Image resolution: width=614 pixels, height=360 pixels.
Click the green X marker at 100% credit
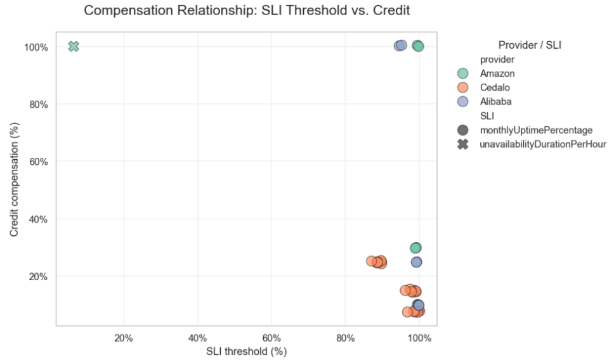[74, 46]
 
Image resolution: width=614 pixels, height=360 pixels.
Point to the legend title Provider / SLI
[530, 45]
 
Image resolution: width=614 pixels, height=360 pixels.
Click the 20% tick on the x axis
[124, 338]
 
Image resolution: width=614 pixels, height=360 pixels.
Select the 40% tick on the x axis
[198, 338]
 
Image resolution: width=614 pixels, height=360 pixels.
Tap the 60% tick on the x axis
[271, 338]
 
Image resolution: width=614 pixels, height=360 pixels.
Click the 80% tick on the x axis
[346, 338]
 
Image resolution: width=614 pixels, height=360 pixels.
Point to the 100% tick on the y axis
[36, 47]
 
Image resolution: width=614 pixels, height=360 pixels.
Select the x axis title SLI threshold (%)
[247, 351]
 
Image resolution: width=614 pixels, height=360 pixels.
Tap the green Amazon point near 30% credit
[415, 248]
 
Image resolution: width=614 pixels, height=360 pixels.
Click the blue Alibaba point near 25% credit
[417, 262]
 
